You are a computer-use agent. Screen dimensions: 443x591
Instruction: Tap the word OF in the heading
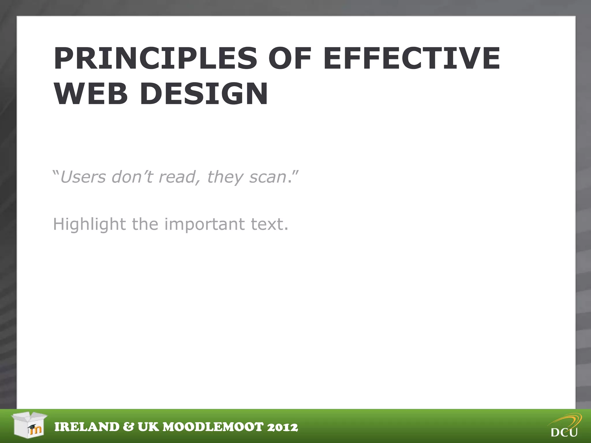[290, 59]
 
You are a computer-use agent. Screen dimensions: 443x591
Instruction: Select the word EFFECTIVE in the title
[412, 59]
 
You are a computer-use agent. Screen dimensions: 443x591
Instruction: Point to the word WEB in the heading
[91, 94]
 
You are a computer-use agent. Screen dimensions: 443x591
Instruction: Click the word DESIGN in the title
[204, 94]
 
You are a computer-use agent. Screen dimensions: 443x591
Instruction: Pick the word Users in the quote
[83, 177]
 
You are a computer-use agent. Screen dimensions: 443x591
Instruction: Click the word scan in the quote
[268, 177]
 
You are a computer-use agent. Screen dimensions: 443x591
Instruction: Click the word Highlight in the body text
[89, 224]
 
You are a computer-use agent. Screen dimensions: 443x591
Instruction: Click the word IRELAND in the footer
[87, 427]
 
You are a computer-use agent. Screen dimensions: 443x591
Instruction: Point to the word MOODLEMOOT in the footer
[213, 427]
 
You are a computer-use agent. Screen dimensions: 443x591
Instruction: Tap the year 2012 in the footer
[283, 427]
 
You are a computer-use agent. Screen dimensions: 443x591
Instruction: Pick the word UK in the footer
[148, 427]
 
